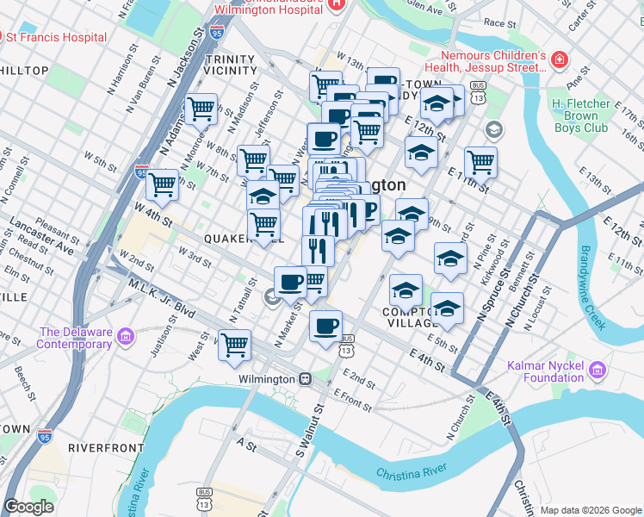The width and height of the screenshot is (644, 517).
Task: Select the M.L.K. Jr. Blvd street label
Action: point(162,296)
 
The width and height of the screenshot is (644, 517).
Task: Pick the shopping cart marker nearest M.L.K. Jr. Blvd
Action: point(234,345)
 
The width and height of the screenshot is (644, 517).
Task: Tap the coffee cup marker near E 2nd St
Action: point(325,326)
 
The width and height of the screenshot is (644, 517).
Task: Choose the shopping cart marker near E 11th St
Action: point(480,161)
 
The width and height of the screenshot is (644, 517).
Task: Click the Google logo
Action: point(30,507)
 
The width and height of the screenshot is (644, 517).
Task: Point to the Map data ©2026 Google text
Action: point(591,510)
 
